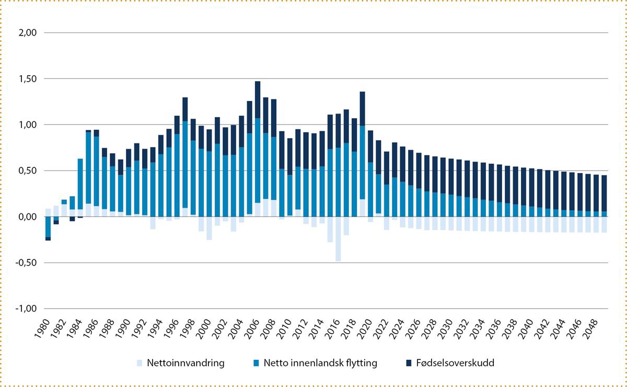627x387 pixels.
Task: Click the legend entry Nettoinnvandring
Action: pyautogui.click(x=185, y=362)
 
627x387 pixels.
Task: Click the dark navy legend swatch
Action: pyautogui.click(x=408, y=362)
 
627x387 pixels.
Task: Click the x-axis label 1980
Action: pyautogui.click(x=46, y=331)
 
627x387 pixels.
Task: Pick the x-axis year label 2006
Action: pyautogui.click(x=256, y=331)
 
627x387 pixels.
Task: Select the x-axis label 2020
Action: pyautogui.click(x=369, y=331)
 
